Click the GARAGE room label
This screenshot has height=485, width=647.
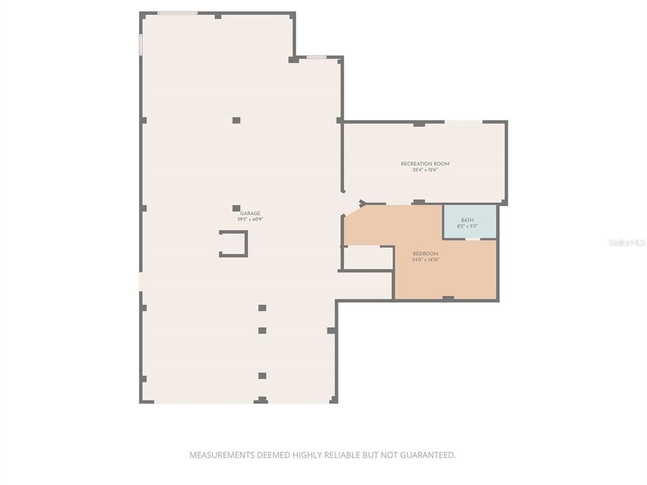point(250,213)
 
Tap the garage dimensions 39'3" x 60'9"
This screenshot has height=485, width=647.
point(250,219)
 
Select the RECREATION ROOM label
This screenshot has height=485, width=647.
point(425,164)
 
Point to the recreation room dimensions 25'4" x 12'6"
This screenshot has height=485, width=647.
point(425,169)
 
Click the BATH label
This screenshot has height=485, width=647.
point(467,220)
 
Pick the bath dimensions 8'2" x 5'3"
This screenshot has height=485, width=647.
point(467,225)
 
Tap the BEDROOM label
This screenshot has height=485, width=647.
point(425,254)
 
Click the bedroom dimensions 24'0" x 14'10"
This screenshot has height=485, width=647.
point(425,260)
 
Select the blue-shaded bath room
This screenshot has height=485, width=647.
point(469,221)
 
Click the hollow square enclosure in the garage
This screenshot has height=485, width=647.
point(233,244)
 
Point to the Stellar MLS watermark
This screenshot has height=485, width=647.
point(627,242)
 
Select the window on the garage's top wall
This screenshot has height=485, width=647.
point(178,13)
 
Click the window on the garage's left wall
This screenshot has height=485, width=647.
point(140,44)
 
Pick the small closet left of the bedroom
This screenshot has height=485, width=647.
point(367,258)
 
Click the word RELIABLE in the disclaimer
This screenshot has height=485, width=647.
point(341,455)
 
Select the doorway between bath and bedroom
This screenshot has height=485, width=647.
point(473,239)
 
